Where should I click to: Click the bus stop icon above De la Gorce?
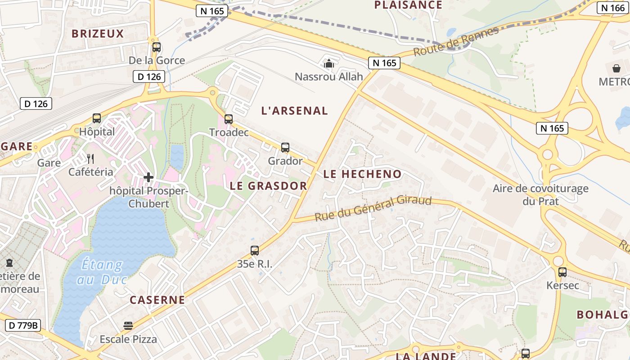pyautogui.click(x=157, y=47)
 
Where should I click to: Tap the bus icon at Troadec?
pyautogui.click(x=229, y=119)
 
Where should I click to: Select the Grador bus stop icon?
pyautogui.click(x=285, y=148)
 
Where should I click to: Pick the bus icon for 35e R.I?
pyautogui.click(x=255, y=251)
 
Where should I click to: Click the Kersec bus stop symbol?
pyautogui.click(x=562, y=272)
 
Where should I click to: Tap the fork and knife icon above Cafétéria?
pyautogui.click(x=91, y=158)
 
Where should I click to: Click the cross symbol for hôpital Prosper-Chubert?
pyautogui.click(x=148, y=177)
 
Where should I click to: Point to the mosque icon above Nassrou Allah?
pyautogui.click(x=329, y=63)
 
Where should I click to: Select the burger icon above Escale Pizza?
pyautogui.click(x=128, y=326)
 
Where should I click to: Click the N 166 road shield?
pyautogui.click(x=613, y=8)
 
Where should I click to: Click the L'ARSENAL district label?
pyautogui.click(x=295, y=111)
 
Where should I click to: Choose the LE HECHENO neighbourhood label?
pyautogui.click(x=362, y=174)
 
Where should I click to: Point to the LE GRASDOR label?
pyautogui.click(x=268, y=186)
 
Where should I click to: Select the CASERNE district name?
pyautogui.click(x=157, y=300)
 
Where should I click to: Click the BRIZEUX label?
pyautogui.click(x=98, y=34)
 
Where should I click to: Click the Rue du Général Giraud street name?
pyautogui.click(x=373, y=208)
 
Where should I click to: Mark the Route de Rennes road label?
pyautogui.click(x=456, y=41)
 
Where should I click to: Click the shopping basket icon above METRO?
pyautogui.click(x=616, y=68)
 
